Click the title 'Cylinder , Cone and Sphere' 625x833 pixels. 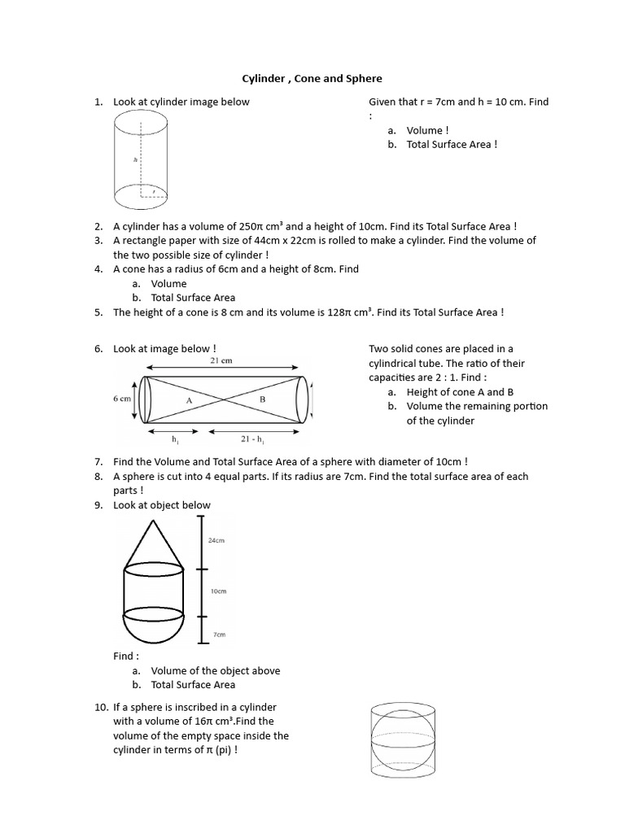tap(312, 79)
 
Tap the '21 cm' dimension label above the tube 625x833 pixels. tap(222, 361)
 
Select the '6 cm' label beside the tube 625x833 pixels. tap(122, 399)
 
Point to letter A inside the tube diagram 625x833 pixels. tap(189, 401)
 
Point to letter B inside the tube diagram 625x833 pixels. tap(262, 399)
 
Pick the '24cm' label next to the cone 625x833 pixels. tap(216, 539)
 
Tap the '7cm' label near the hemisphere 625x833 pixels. tap(218, 634)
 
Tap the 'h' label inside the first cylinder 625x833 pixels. tap(136, 160)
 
